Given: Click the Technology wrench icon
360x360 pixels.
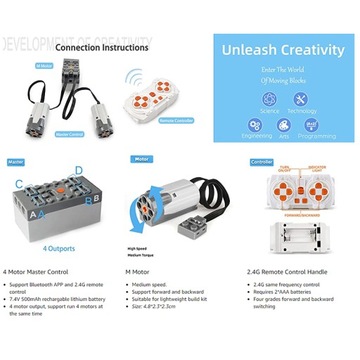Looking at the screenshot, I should click(x=295, y=98).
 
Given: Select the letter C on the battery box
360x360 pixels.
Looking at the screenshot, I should click(x=18, y=184).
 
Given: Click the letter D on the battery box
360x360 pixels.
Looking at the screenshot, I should click(x=93, y=184).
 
